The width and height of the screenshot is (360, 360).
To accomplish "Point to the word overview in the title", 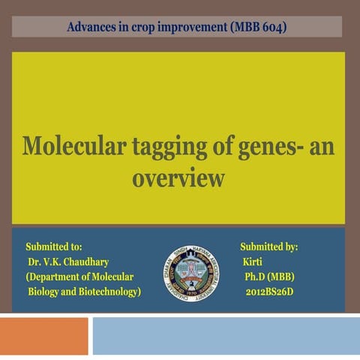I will [178, 178].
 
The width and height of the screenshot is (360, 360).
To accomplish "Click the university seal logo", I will [190, 272].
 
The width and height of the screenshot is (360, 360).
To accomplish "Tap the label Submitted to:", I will [54, 247].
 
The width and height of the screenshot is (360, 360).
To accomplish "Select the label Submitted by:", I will [269, 247].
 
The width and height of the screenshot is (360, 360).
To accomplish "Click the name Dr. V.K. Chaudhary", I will [68, 262].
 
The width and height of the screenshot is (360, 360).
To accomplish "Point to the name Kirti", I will [253, 262].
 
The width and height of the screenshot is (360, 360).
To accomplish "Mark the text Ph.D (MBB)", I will [269, 277].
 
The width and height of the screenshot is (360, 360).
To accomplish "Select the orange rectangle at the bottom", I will [44, 336].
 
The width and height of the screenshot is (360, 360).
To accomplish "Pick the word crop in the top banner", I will [139, 28].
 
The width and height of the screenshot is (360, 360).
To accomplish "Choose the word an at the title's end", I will [322, 145].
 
